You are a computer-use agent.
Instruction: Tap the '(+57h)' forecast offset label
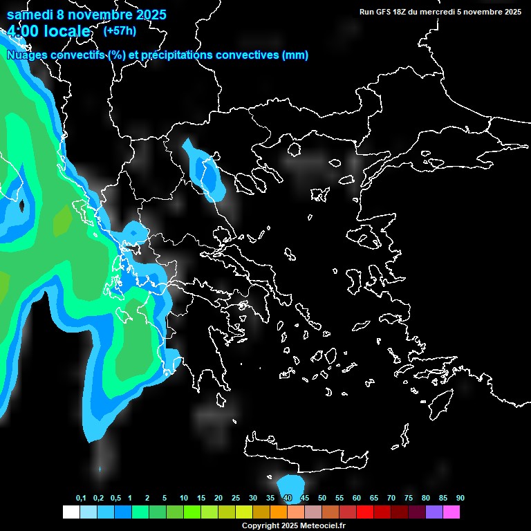[120, 30]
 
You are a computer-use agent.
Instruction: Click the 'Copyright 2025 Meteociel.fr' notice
[293, 526]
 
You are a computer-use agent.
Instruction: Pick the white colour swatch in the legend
[71, 512]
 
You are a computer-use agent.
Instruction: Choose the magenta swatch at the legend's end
[451, 512]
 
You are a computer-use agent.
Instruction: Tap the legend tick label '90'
[460, 499]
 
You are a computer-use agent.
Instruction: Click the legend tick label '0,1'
[81, 499]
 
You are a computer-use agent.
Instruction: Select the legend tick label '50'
[322, 499]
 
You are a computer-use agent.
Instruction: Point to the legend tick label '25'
[236, 499]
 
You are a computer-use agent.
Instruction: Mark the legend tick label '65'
[374, 499]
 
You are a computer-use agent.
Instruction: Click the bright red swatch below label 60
[365, 512]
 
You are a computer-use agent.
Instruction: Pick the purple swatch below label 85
[434, 512]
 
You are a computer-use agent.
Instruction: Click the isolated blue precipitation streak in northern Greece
[205, 172]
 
